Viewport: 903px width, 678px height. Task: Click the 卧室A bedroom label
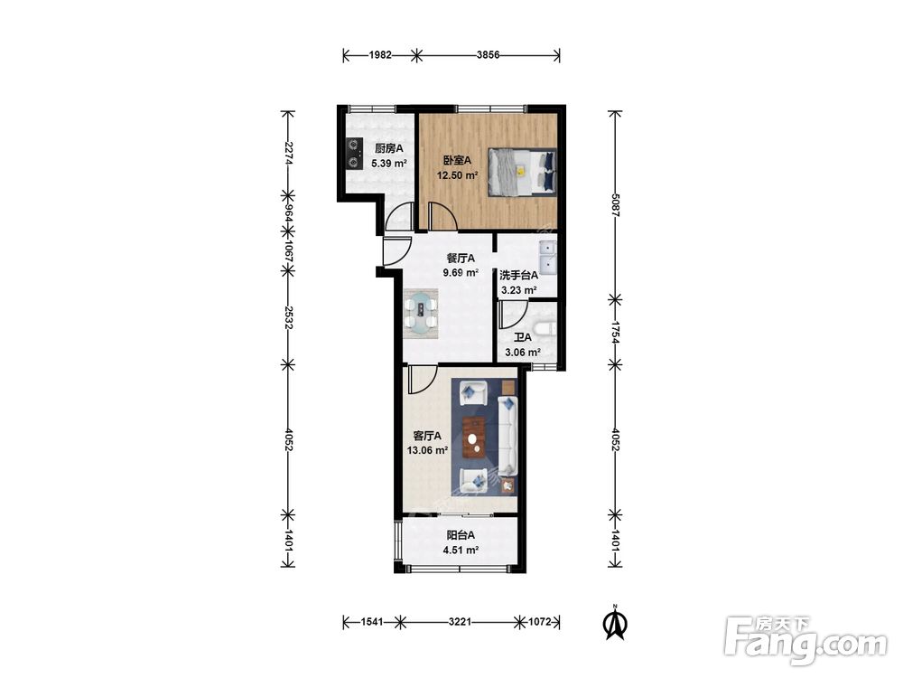tap(457, 160)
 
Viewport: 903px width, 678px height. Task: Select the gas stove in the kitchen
tap(353, 154)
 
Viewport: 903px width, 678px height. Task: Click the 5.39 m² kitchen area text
tap(389, 163)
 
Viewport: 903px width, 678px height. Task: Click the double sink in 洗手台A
tap(547, 257)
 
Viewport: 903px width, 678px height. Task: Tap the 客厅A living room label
tap(427, 436)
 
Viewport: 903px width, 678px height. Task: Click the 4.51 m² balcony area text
tap(461, 550)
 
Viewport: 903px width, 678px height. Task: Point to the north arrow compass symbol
tap(615, 622)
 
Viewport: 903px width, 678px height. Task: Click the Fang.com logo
tap(805, 641)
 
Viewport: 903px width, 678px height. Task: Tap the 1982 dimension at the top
tap(380, 55)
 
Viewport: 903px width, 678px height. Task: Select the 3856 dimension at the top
tap(489, 55)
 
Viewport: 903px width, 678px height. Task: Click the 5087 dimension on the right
tap(616, 204)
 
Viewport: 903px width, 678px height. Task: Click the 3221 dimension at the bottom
tap(461, 622)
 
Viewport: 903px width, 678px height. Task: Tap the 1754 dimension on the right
tap(616, 332)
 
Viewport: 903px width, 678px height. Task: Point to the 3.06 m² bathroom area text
tap(522, 353)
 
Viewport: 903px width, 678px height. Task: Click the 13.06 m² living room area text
tap(427, 451)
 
